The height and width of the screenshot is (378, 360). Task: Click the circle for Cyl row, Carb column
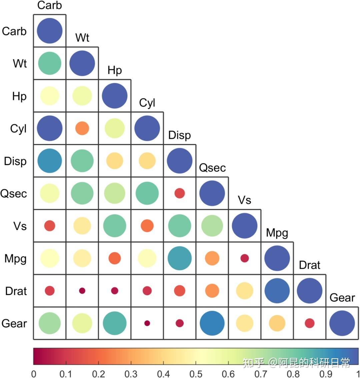pyautogui.click(x=50, y=128)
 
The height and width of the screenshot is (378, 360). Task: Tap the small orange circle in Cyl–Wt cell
pyautogui.click(x=82, y=128)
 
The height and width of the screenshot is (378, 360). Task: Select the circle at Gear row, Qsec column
pyautogui.click(x=212, y=323)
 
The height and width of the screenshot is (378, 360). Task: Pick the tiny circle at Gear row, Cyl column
pyautogui.click(x=147, y=323)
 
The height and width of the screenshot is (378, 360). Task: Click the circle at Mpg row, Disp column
pyautogui.click(x=180, y=258)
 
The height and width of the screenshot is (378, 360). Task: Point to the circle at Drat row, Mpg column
pyautogui.click(x=277, y=291)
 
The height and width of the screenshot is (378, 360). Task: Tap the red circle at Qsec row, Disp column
pyautogui.click(x=180, y=193)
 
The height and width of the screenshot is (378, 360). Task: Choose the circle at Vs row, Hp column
pyautogui.click(x=115, y=226)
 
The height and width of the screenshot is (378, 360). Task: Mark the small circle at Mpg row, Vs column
pyautogui.click(x=245, y=258)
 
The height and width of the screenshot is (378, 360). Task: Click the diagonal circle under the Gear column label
pyautogui.click(x=342, y=323)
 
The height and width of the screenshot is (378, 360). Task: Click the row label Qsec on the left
pyautogui.click(x=14, y=194)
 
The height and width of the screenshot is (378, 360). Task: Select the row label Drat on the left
pyautogui.click(x=16, y=291)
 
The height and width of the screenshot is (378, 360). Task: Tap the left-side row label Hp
pyautogui.click(x=19, y=96)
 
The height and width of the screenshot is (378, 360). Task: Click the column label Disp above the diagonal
pyautogui.click(x=180, y=135)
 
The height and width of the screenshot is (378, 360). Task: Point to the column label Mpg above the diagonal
pyautogui.click(x=277, y=233)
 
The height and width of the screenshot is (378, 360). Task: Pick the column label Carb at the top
pyautogui.click(x=50, y=5)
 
